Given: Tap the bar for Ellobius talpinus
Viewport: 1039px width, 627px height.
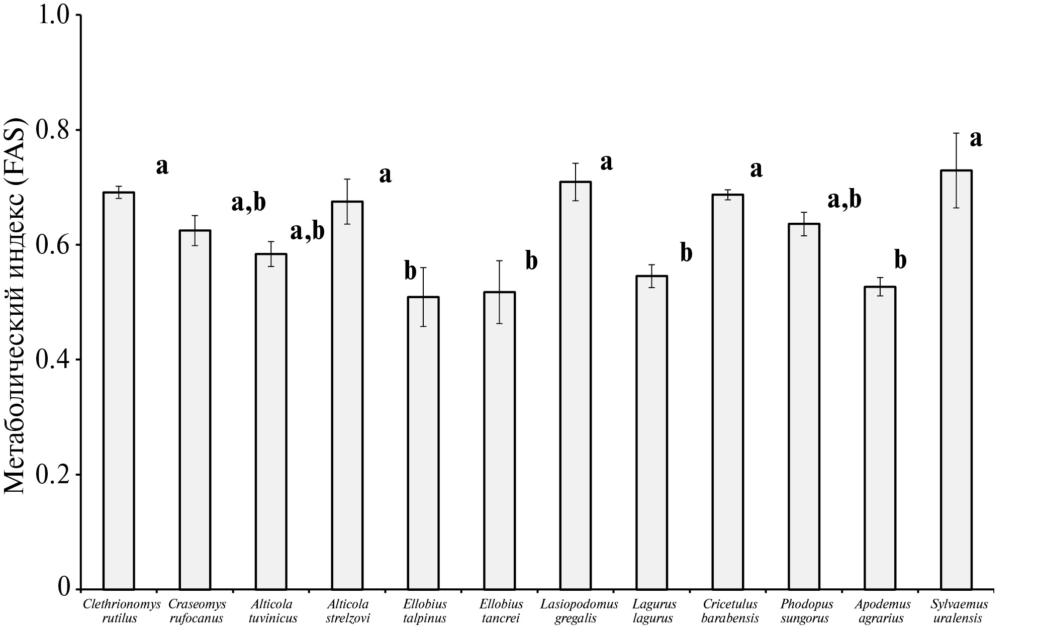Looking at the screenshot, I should point(423,442).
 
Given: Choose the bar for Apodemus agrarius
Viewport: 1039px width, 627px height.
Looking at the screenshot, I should point(880,437).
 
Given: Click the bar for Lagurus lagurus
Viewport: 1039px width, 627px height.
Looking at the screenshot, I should point(651,432).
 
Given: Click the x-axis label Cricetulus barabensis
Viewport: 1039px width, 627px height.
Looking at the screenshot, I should point(730,610).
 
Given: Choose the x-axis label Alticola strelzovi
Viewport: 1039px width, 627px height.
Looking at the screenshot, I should point(347,610).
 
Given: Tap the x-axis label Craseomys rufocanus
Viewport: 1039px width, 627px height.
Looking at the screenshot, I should point(197,610).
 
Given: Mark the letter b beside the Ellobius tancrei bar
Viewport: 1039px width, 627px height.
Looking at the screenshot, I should point(531,261).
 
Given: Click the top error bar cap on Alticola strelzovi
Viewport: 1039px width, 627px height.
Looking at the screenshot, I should point(347,179).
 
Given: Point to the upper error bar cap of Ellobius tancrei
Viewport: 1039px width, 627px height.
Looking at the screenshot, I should point(499,260).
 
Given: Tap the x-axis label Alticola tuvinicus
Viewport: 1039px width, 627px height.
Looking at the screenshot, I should point(272,610).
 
